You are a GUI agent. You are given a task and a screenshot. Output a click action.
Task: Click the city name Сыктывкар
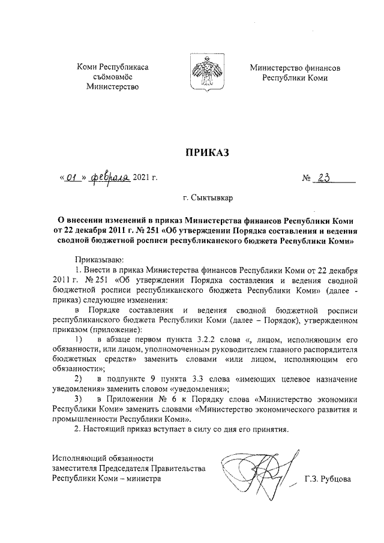(x=207, y=196)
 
